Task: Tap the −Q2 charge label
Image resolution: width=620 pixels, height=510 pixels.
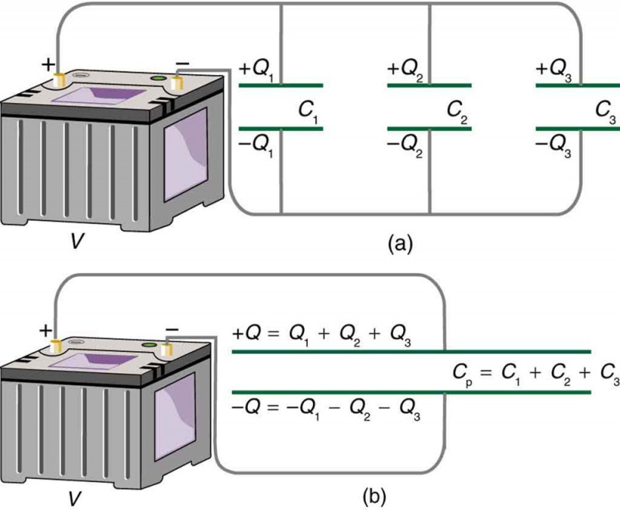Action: tap(405, 146)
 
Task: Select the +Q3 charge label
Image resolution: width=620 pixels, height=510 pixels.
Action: tap(554, 69)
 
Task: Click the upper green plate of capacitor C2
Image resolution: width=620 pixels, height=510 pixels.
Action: tap(429, 84)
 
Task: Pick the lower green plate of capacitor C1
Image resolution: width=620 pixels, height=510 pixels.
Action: tap(281, 129)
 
